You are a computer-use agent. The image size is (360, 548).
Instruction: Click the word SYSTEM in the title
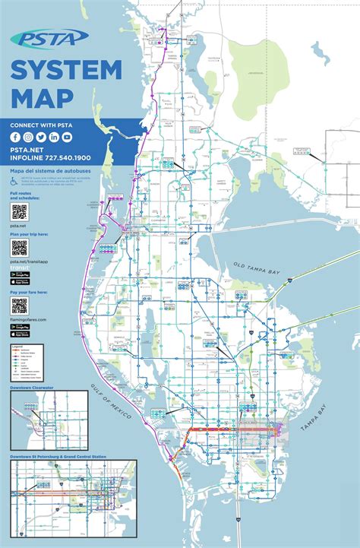tap(65, 70)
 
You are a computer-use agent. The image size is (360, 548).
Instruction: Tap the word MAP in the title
tap(42, 97)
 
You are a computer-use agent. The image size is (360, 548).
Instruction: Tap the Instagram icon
tap(29, 137)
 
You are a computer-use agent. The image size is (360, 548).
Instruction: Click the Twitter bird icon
tap(42, 137)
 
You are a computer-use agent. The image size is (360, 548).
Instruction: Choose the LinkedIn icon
tap(55, 137)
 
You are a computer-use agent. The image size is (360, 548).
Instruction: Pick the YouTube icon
tap(68, 137)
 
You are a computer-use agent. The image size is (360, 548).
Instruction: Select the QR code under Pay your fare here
tap(19, 306)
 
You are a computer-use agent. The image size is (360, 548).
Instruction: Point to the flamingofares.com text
tap(29, 320)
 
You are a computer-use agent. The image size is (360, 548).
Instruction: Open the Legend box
tap(31, 362)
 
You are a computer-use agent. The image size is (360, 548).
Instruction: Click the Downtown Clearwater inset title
tap(32, 388)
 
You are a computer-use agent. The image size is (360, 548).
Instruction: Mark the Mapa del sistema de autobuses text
tap(45, 172)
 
